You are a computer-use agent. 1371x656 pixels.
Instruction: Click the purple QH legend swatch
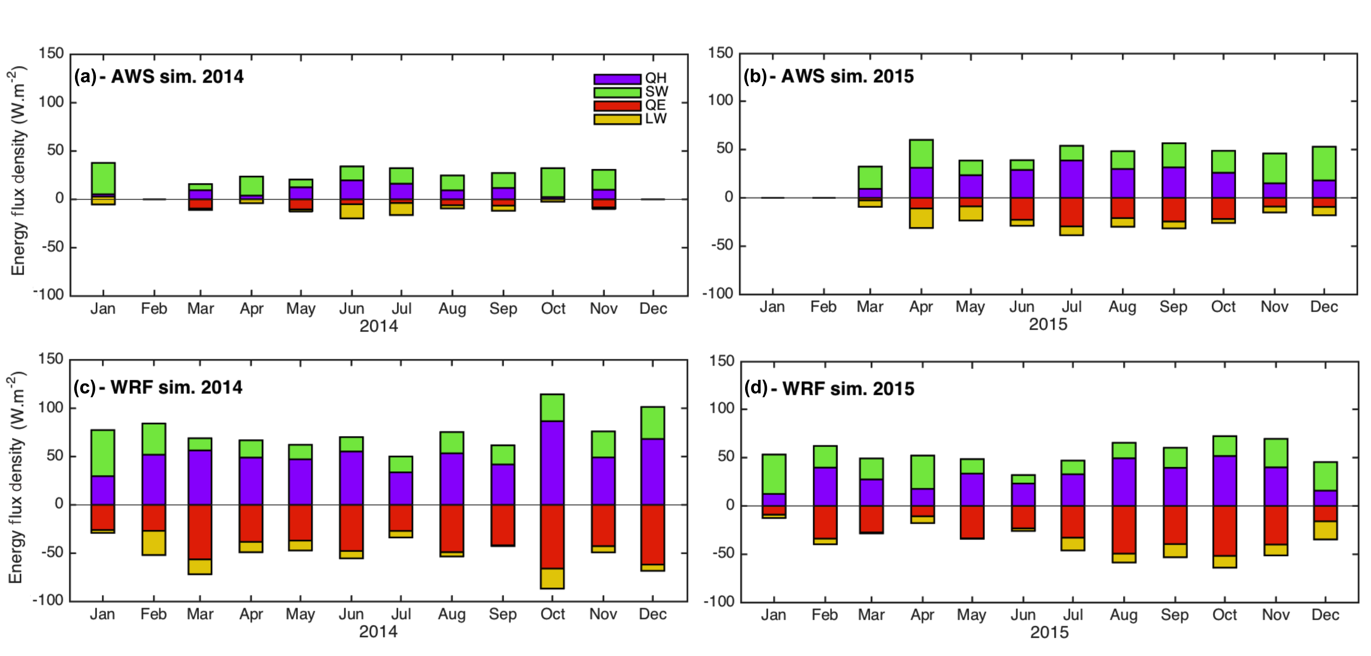(617, 79)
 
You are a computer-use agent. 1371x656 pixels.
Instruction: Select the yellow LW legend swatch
(617, 119)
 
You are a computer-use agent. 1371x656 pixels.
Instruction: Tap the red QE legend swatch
(617, 106)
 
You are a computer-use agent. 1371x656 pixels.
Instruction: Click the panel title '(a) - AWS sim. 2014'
(159, 77)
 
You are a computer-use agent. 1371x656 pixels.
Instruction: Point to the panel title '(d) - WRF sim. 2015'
(829, 389)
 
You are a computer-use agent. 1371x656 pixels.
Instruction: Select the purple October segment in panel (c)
(552, 462)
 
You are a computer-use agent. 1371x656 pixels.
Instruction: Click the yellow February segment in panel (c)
(153, 542)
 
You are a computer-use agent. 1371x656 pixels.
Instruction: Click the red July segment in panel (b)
(1072, 212)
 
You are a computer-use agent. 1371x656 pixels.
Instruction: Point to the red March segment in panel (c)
(200, 532)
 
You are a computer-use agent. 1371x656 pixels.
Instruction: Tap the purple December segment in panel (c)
(653, 471)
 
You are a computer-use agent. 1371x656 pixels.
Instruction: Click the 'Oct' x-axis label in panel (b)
(1223, 307)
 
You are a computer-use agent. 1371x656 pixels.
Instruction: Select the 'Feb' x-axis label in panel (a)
(154, 309)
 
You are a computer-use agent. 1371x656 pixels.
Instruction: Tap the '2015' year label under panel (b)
(1048, 325)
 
